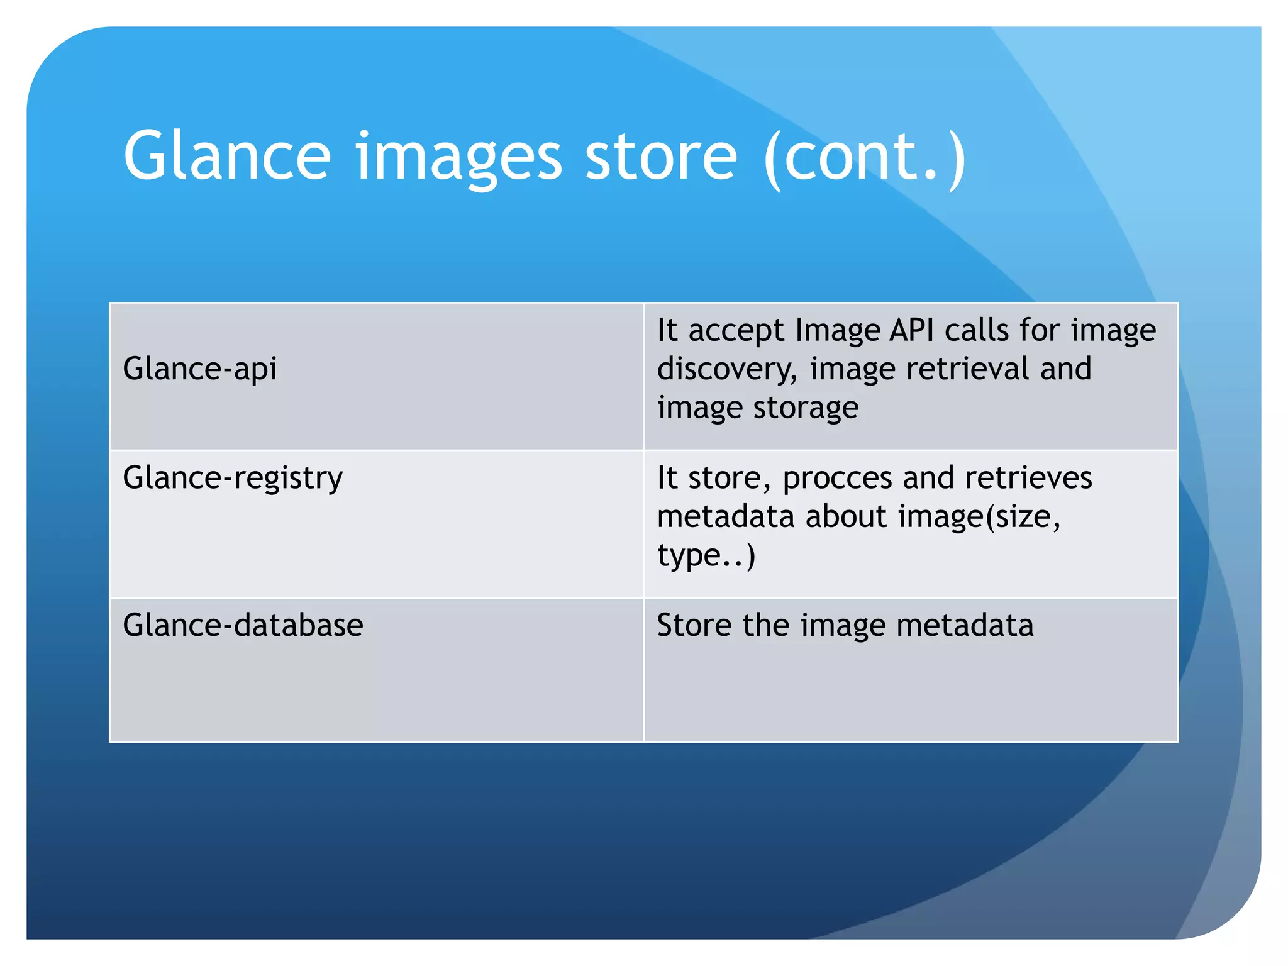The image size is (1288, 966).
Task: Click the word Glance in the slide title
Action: [x=227, y=155]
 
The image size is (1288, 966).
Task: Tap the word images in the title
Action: [x=458, y=157]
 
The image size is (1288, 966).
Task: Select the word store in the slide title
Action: [x=661, y=155]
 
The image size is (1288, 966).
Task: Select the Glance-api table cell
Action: [x=200, y=369]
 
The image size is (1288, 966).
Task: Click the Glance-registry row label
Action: [x=233, y=478]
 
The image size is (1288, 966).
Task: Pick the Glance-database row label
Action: [x=243, y=625]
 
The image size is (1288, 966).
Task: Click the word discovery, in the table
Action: [x=727, y=369]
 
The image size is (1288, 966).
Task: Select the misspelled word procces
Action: [x=837, y=478]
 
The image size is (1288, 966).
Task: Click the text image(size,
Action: [x=979, y=517]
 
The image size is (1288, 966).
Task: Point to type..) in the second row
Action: [x=706, y=556]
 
